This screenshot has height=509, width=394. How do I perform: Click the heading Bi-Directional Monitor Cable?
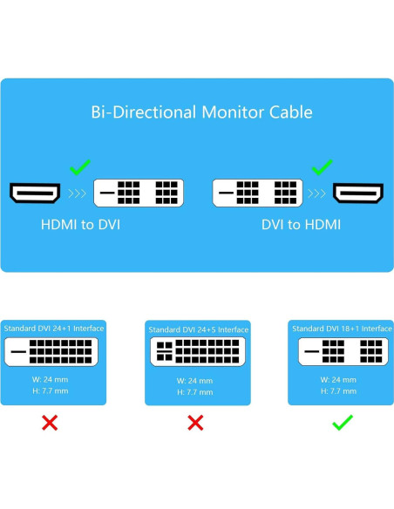pos(201,112)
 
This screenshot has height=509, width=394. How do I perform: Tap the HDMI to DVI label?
pos(80,225)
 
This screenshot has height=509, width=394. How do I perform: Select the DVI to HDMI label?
pos(301,225)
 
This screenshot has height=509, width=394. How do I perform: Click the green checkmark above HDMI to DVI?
pos(80,166)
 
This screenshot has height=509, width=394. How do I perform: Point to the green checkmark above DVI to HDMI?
pos(323,166)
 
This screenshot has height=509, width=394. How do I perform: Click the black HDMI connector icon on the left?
pos(34,193)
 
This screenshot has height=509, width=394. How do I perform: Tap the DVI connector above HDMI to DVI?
pos(139,193)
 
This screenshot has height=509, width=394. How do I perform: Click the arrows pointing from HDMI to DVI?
pos(78,193)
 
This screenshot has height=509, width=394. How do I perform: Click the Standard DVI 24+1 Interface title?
pos(54,329)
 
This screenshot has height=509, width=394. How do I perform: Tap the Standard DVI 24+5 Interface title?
pos(198,329)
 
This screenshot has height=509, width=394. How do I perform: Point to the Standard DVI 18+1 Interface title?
pos(341,329)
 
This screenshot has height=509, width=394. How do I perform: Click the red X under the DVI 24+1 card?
pos(51,423)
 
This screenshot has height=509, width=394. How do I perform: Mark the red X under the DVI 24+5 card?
pos(196,423)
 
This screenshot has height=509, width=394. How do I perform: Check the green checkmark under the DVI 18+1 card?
pos(342,423)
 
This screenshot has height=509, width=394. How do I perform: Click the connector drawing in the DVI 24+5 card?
pos(198,352)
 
